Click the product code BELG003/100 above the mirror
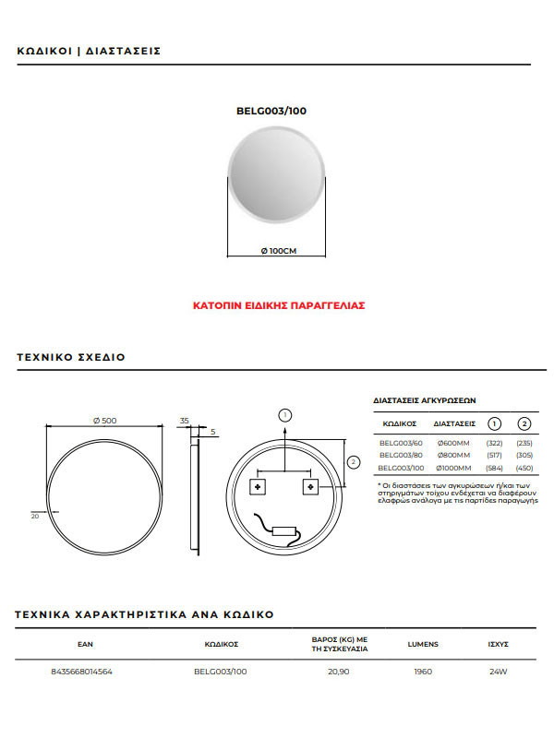tap(271, 111)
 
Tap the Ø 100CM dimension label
tap(278, 251)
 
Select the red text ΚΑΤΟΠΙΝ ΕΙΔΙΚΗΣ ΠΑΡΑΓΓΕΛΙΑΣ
tap(278, 304)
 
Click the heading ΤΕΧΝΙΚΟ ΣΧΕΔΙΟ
tap(71, 357)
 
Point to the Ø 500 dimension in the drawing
tap(104, 421)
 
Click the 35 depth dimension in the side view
tap(185, 421)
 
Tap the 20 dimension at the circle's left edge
tap(35, 517)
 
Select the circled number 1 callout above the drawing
tap(285, 415)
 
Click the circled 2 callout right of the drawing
tap(353, 461)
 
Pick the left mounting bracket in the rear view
tap(258, 485)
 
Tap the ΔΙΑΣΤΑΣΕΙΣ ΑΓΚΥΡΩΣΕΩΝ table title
tap(424, 401)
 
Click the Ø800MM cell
tap(453, 456)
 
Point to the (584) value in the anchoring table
tap(494, 469)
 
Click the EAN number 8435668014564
tap(82, 672)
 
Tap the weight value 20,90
tap(339, 672)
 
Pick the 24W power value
tap(499, 672)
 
